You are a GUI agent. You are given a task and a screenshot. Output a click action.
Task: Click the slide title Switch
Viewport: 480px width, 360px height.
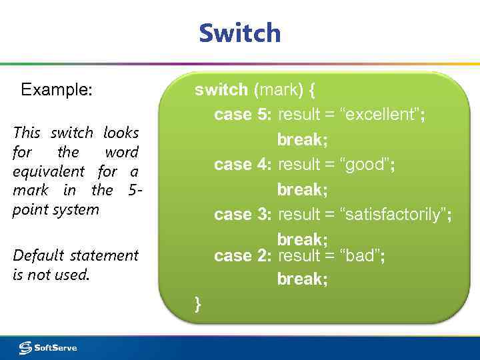(240, 33)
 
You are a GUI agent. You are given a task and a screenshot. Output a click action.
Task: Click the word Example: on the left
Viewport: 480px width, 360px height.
(57, 89)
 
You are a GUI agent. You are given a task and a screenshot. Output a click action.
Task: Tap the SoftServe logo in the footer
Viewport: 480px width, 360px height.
(48, 347)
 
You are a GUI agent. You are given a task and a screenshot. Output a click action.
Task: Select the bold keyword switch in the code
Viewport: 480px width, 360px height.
(221, 89)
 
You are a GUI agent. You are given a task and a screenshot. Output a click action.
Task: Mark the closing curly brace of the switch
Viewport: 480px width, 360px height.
(197, 305)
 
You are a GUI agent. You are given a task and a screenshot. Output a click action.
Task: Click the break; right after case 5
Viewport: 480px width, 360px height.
(302, 140)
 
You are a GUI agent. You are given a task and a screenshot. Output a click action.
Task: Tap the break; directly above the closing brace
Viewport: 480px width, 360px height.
(302, 279)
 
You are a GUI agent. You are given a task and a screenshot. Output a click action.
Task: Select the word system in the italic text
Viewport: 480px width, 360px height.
(76, 209)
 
